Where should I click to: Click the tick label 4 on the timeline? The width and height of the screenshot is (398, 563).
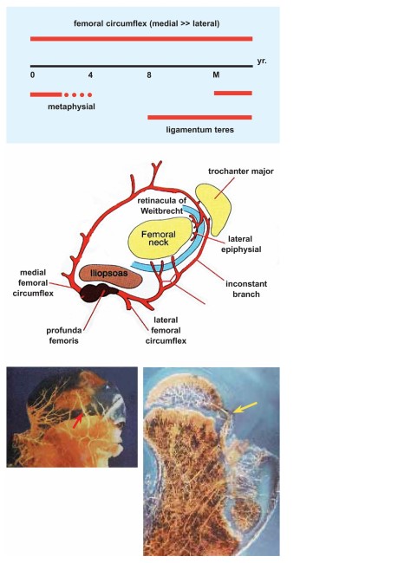(90, 75)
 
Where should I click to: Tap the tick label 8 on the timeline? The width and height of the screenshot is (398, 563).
(149, 75)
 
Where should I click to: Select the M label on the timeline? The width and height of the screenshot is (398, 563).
(216, 74)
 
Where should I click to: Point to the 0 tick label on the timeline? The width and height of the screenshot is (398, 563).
(33, 75)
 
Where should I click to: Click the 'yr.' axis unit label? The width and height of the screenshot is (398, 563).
(262, 61)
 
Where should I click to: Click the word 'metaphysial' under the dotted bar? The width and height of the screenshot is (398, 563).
(72, 107)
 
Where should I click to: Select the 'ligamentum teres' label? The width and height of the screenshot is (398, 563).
(200, 130)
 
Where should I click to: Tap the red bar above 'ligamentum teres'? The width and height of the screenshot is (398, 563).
(200, 118)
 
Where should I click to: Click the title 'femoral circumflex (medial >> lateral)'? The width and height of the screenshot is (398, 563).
(147, 23)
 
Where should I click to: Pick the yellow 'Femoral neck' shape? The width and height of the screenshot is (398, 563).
(160, 238)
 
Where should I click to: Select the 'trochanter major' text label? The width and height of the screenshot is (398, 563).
(241, 171)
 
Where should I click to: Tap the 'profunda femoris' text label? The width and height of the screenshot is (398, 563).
(63, 335)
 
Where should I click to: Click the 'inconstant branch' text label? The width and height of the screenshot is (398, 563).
(246, 289)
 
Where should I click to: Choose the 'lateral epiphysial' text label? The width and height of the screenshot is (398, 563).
(241, 244)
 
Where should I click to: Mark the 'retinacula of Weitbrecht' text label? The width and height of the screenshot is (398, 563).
(162, 206)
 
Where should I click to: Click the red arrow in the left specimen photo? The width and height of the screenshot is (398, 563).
(77, 420)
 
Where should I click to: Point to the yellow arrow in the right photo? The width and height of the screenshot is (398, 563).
(245, 408)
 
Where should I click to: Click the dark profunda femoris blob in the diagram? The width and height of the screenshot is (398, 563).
(98, 292)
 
